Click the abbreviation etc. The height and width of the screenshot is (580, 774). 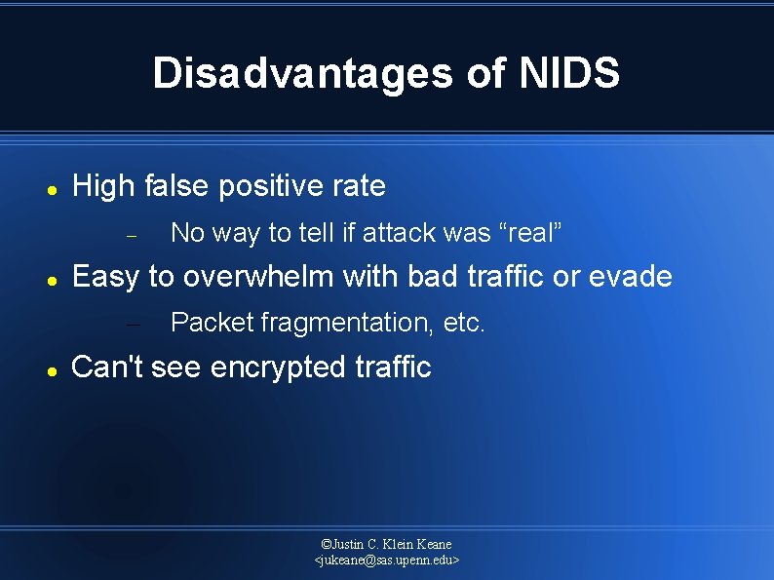(463, 323)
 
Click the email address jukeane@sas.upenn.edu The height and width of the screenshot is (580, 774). (387, 561)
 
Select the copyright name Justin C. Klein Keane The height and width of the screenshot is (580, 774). (387, 544)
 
